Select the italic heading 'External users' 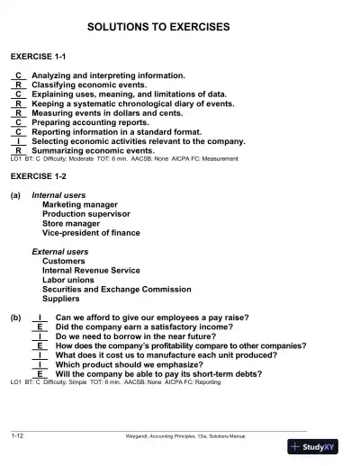60,251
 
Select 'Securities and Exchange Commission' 112,289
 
